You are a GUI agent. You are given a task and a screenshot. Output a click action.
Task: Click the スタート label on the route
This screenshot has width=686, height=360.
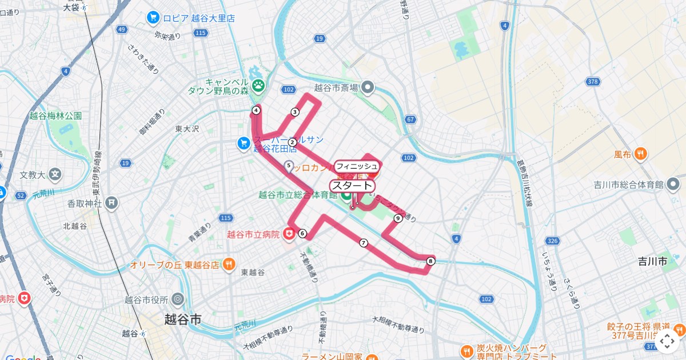click(x=352, y=186)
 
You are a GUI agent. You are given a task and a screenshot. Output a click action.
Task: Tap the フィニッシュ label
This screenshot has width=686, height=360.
click(x=357, y=166)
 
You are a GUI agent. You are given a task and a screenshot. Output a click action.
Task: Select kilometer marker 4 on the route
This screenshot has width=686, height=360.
click(x=256, y=110)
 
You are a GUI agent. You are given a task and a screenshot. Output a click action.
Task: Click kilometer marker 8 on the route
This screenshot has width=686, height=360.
click(x=430, y=261)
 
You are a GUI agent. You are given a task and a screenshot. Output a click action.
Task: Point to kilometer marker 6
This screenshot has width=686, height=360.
click(x=302, y=233)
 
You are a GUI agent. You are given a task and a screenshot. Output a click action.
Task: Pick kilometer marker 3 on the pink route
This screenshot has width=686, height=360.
click(x=295, y=112)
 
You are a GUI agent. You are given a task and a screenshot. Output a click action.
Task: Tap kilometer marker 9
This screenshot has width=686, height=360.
click(x=397, y=218)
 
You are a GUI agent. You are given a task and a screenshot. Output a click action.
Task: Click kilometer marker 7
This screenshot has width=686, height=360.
click(x=363, y=243)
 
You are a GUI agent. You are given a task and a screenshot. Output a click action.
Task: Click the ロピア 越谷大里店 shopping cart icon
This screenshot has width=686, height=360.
click(x=153, y=18)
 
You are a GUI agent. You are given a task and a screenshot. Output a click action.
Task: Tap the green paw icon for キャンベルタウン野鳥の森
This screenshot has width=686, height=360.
click(x=259, y=86)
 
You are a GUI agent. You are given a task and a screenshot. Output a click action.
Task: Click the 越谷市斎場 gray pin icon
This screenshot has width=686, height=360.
click(x=368, y=87)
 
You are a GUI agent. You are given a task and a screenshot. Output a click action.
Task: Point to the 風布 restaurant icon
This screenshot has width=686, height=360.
click(x=641, y=153)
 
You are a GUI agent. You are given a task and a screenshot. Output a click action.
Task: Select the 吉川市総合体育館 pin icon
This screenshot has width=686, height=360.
click(x=673, y=185)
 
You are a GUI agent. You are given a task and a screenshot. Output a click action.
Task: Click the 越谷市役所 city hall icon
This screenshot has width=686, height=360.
click(x=178, y=299)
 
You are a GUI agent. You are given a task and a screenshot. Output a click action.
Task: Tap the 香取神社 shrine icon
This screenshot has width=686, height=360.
click(x=112, y=202)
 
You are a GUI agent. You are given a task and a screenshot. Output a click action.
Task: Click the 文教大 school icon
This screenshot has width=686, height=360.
click(x=55, y=174)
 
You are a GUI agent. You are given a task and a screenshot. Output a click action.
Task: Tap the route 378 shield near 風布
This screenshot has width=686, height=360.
click(x=593, y=82)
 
